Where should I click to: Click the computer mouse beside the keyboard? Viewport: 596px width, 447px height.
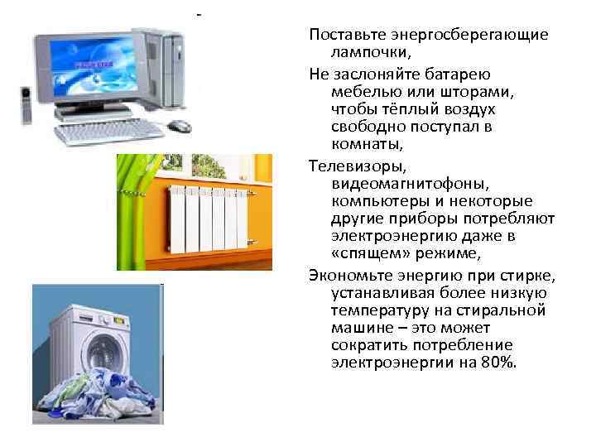(179, 126)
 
